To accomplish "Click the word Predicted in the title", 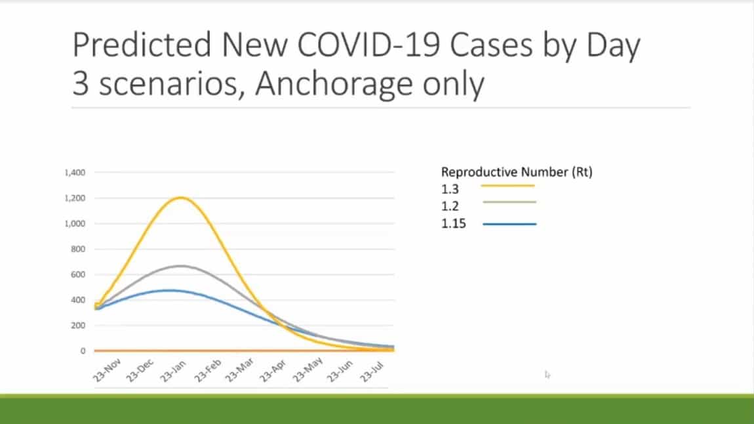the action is click(142, 45).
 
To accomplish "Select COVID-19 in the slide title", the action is click(369, 45).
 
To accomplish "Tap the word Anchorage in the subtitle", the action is click(334, 85).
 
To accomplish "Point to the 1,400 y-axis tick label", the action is click(75, 173).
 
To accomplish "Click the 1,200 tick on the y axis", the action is click(75, 198).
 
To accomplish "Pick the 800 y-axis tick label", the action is click(78, 249).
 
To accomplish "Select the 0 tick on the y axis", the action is click(83, 351).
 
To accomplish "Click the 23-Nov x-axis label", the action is click(107, 370).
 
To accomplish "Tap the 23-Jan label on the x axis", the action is click(173, 371).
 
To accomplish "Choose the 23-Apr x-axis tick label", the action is click(273, 371).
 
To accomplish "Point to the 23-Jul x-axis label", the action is click(372, 371).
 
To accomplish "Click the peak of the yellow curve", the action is click(180, 198).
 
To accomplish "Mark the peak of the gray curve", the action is click(180, 266).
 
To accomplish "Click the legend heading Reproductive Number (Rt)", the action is click(517, 173).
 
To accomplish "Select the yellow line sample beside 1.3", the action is click(507, 185).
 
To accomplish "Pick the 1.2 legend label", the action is click(450, 206).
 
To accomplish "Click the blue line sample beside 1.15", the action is click(509, 224).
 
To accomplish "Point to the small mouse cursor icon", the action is click(547, 374).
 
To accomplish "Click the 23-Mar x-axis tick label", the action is click(239, 371).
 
